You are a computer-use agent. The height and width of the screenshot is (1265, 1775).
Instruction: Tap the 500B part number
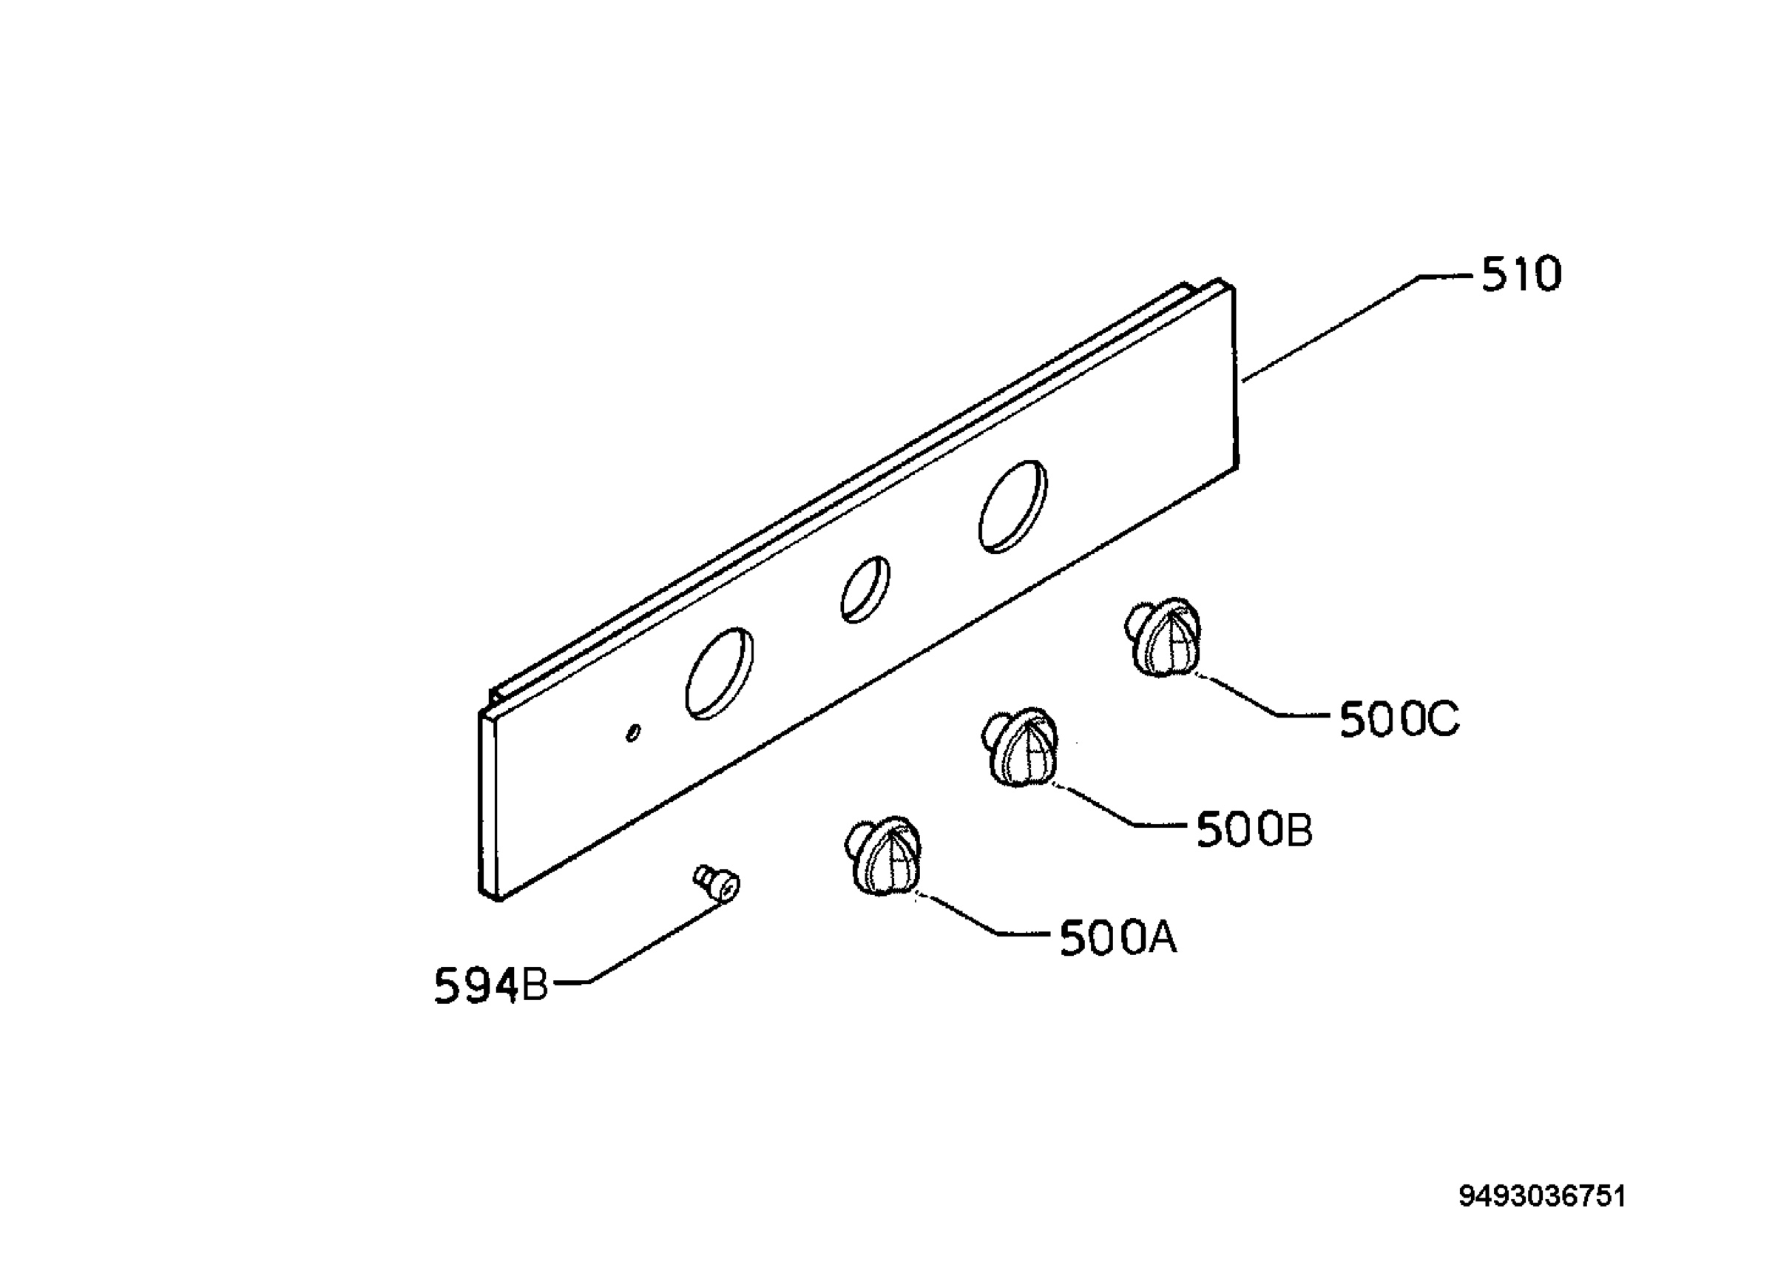(1254, 829)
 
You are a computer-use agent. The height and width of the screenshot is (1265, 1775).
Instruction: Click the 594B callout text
(491, 985)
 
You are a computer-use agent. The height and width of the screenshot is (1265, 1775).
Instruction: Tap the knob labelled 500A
(883, 857)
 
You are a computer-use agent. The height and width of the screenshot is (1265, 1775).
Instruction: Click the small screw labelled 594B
(717, 884)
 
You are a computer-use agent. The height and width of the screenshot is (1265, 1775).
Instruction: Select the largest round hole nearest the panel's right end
(1012, 506)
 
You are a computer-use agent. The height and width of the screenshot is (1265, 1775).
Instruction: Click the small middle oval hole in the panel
(865, 589)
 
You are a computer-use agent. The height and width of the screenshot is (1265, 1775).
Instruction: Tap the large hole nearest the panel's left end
(719, 673)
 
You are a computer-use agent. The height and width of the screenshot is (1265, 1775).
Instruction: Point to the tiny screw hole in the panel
(634, 732)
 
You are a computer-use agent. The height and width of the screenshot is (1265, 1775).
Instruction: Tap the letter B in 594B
(534, 986)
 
